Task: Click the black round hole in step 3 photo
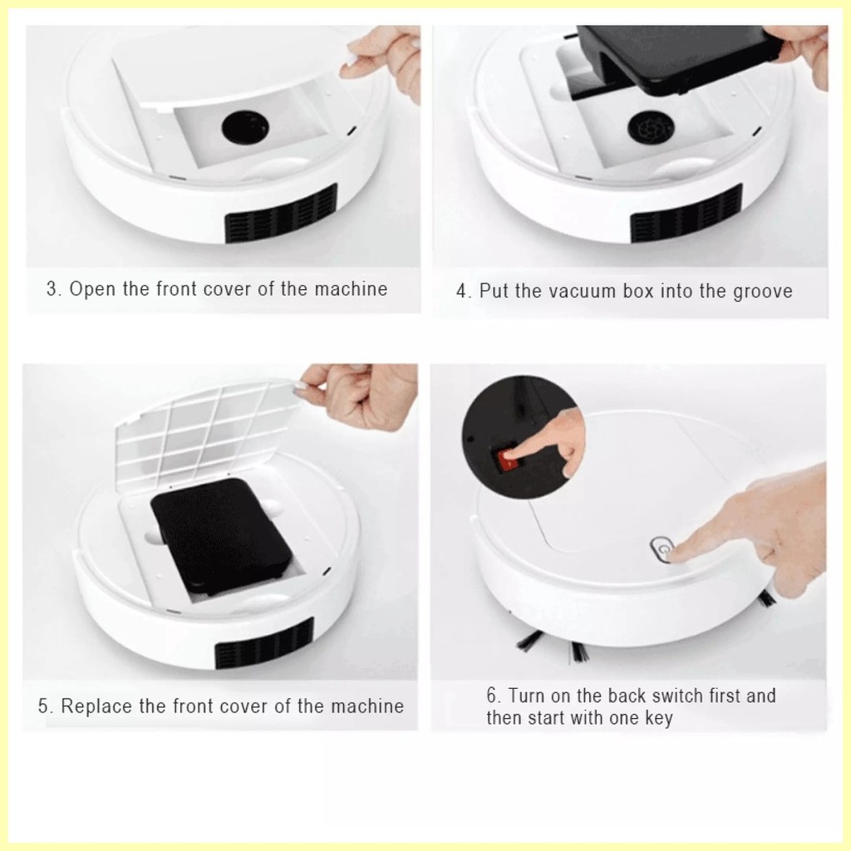[x=245, y=127]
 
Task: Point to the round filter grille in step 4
[x=651, y=128]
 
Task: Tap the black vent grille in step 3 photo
[x=281, y=213]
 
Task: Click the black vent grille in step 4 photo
[x=686, y=213]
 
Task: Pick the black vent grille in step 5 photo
[x=264, y=643]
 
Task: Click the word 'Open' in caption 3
[x=91, y=289]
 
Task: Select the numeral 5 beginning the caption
[x=43, y=706]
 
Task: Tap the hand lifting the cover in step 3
[x=382, y=61]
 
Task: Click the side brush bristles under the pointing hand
[x=766, y=598]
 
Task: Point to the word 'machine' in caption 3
[x=352, y=289]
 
